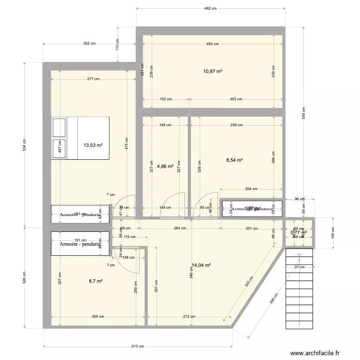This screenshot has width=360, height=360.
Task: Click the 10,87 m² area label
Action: coord(213,72)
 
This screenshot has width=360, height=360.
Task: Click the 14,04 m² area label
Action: coord(201,264)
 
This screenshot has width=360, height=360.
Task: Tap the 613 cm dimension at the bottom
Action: coord(138,347)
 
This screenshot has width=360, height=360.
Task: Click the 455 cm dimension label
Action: coord(213,44)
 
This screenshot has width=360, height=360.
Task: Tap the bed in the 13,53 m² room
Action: coord(81,138)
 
